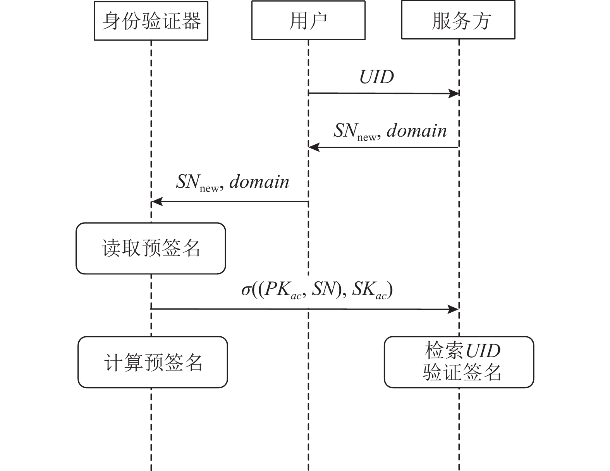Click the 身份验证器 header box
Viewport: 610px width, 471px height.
pos(151,21)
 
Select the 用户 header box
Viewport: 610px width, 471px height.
pos(308,21)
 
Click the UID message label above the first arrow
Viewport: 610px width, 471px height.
pos(376,77)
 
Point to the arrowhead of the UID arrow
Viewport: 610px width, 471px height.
pos(454,93)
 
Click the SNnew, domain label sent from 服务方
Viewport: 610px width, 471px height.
pos(390,131)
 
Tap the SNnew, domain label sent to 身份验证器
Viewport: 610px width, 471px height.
pos(232,182)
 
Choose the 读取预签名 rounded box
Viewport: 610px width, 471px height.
pos(151,248)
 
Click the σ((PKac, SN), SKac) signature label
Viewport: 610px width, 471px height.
pos(317,290)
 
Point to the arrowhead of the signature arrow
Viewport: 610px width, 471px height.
pos(454,309)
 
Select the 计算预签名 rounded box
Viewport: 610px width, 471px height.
pos(153,362)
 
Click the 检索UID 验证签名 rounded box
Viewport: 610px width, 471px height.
pos(459,362)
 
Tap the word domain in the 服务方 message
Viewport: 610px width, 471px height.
pos(417,130)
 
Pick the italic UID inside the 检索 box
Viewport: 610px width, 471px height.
pos(483,351)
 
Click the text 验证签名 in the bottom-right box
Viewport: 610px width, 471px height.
pos(462,372)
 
